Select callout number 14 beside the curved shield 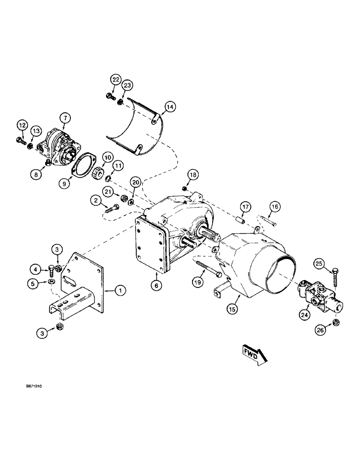pyautogui.click(x=170, y=107)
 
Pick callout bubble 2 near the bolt pyautogui.click(x=97, y=201)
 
